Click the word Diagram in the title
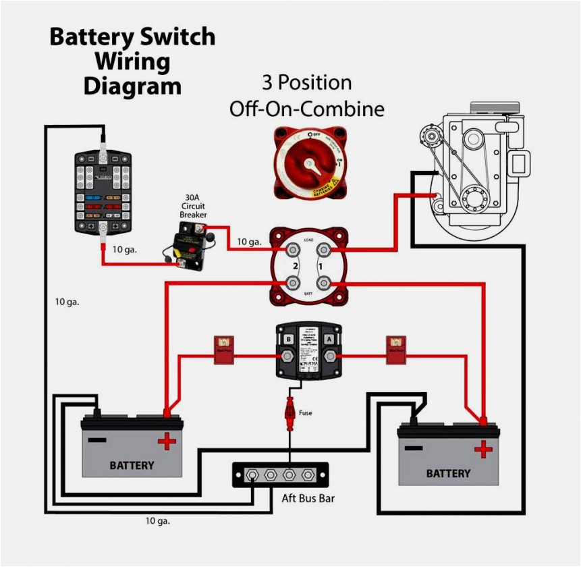[x=132, y=86]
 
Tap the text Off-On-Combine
[x=307, y=109]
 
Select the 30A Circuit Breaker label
[x=193, y=207]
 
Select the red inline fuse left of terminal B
[x=223, y=350]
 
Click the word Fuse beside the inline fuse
[x=305, y=413]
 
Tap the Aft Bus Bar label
[x=308, y=500]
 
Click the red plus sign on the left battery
[x=167, y=443]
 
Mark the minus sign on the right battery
[x=414, y=448]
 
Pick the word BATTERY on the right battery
[x=448, y=473]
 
